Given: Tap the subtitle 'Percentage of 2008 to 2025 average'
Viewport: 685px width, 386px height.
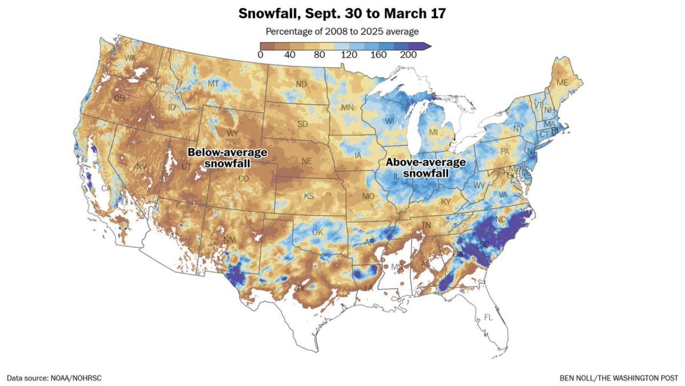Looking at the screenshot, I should (x=342, y=32).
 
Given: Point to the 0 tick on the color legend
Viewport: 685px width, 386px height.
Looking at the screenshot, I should (x=260, y=55).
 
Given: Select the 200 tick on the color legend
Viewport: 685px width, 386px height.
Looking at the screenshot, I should (x=409, y=55).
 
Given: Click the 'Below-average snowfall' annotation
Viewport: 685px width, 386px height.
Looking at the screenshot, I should (x=227, y=158).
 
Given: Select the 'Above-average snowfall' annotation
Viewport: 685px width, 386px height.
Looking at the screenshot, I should (x=426, y=168).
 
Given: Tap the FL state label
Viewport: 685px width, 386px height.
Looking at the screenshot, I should (x=488, y=317).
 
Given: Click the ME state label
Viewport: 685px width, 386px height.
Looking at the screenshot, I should (x=562, y=83).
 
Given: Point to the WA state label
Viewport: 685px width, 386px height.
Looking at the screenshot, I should (x=130, y=58).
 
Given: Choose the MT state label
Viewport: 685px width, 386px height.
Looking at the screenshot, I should (x=213, y=84).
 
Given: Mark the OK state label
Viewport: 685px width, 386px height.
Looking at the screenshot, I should (x=318, y=233).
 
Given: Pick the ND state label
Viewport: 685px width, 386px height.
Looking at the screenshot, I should (x=301, y=84).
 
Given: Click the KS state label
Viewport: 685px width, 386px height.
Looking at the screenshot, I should (x=309, y=196).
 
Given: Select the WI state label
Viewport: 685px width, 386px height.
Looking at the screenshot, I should (x=389, y=121).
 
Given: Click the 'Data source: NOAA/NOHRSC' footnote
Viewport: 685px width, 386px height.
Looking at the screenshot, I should (x=54, y=378).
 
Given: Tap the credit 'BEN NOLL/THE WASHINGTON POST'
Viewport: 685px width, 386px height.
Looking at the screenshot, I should (x=619, y=378).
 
